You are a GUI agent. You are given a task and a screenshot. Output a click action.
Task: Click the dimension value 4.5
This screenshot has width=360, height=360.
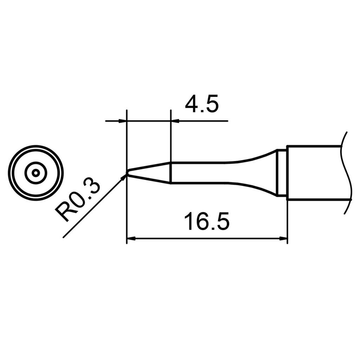click(x=201, y=104)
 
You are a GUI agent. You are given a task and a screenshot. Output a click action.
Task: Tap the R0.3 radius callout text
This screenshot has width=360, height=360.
click(x=78, y=202)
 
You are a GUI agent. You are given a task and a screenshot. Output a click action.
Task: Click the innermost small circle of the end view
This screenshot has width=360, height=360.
click(x=36, y=173)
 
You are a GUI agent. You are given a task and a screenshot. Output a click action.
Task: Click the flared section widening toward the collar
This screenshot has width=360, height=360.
click(x=257, y=173)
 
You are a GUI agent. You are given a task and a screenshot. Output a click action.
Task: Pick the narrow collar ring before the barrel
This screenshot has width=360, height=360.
click(x=281, y=173)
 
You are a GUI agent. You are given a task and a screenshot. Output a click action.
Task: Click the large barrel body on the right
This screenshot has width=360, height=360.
click(x=313, y=173)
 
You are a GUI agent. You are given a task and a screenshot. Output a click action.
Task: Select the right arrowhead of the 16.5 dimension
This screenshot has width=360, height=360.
click(x=284, y=239)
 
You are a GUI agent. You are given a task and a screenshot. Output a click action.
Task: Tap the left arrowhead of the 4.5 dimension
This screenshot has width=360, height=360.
click(x=122, y=121)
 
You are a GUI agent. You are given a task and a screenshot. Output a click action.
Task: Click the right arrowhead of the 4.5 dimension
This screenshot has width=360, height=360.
click(x=175, y=121)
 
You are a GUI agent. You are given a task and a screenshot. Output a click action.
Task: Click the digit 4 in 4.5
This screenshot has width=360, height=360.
click(x=191, y=104)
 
